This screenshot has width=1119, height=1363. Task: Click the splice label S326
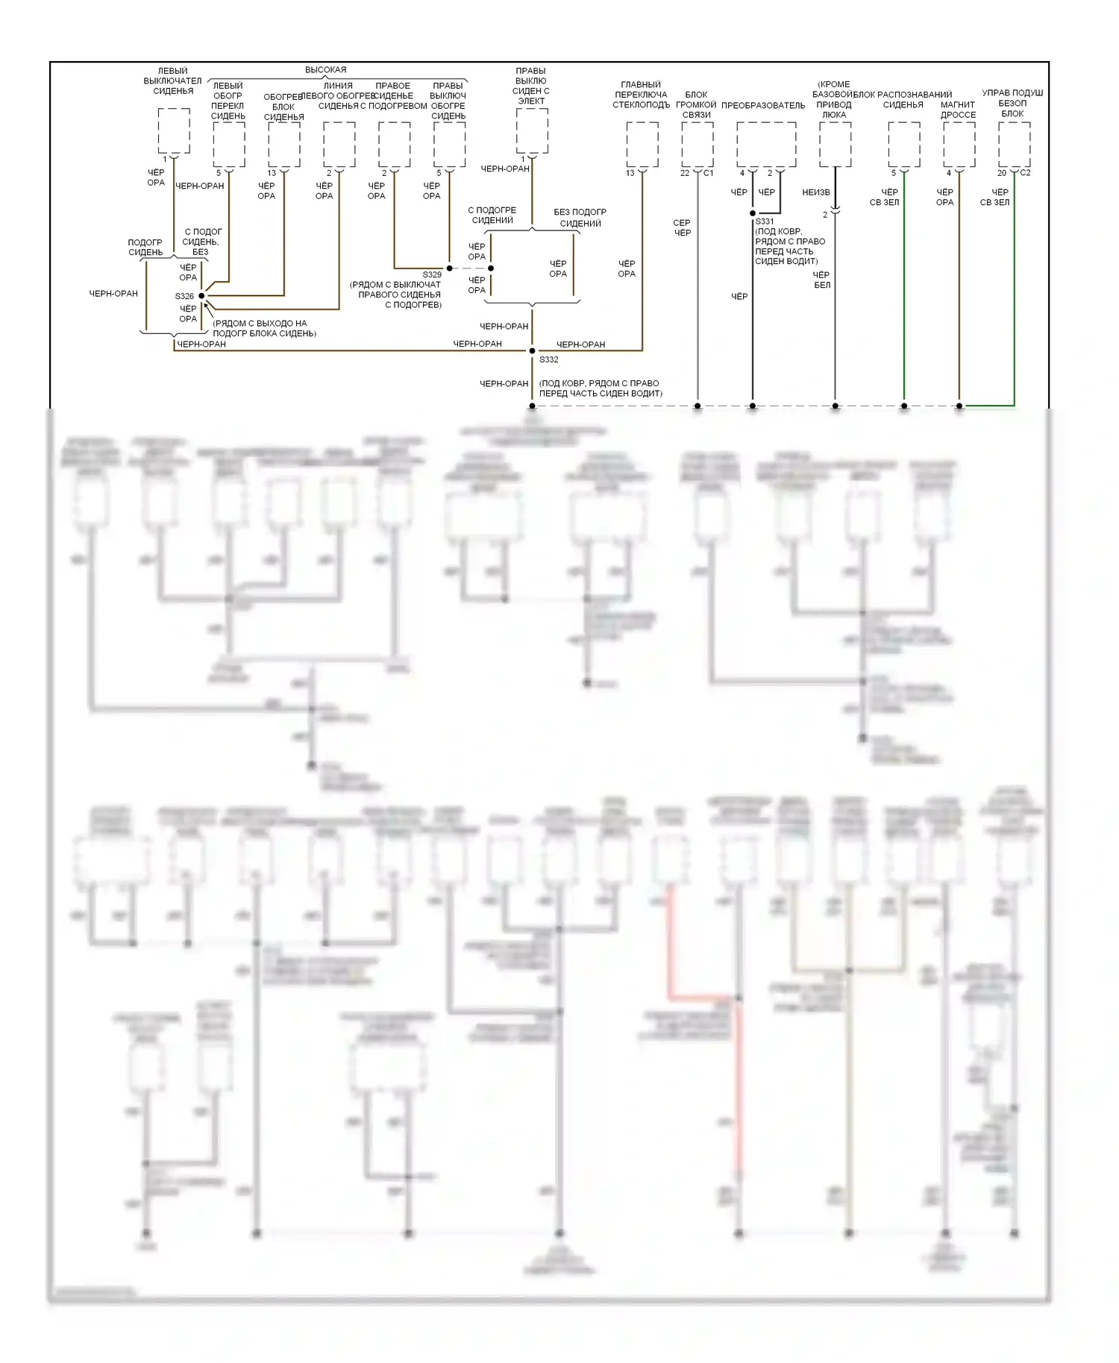184,297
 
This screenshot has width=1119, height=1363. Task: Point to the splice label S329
432,274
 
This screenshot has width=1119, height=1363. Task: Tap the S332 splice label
549,359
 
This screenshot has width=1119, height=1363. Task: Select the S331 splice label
765,221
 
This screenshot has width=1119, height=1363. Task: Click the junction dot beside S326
201,296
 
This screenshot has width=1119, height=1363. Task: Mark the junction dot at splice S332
532,350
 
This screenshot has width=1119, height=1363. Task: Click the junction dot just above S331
753,213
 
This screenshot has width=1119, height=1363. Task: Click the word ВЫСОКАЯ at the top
325,70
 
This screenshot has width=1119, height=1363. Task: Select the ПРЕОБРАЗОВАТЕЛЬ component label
763,106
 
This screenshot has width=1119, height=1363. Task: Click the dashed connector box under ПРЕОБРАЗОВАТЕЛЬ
766,144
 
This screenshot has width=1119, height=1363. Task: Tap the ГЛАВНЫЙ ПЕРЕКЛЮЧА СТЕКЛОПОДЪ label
641,95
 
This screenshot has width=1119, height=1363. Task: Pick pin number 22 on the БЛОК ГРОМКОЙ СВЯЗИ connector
685,173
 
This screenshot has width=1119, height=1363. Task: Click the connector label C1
708,173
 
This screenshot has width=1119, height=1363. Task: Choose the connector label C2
1025,173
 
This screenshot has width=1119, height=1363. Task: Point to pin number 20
1002,173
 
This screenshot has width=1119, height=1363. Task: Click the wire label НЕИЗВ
816,192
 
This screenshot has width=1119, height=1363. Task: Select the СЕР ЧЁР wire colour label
682,227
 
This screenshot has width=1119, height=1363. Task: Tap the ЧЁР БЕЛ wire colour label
821,280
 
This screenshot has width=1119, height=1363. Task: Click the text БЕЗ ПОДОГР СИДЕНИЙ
580,218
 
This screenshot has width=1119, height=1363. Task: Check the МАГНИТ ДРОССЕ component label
958,110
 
